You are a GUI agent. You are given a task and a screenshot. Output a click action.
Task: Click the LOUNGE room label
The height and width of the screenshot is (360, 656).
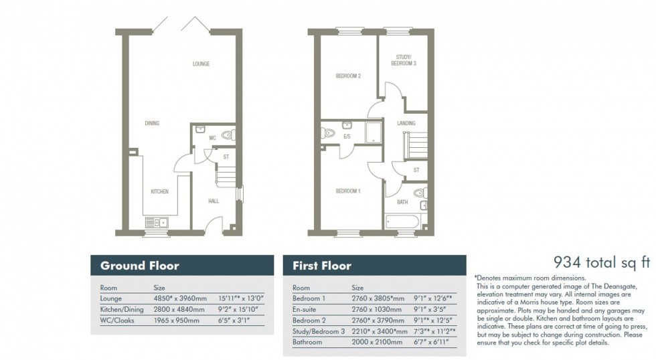[x=201, y=64]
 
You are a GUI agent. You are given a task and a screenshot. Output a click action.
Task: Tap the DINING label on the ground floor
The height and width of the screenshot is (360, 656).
[x=152, y=123]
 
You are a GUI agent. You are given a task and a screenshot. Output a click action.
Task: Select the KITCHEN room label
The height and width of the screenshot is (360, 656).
[x=159, y=192]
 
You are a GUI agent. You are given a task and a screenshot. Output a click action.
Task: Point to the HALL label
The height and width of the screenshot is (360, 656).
[x=214, y=200]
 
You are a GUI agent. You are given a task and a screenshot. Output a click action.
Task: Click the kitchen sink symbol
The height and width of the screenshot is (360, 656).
[x=157, y=222]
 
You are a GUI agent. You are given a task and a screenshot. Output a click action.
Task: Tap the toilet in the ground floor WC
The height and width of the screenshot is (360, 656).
[x=226, y=135]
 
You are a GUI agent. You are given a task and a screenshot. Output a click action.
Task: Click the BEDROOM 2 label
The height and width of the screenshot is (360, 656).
[x=348, y=76]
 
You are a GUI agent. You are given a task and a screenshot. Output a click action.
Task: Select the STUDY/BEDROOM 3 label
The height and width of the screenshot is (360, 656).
[x=404, y=60]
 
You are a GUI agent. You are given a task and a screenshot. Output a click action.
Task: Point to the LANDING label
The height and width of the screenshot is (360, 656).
[x=406, y=123]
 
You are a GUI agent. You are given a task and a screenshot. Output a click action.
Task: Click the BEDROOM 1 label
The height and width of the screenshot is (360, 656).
[x=348, y=191]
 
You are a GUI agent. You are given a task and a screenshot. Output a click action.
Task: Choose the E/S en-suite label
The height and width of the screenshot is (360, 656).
[x=347, y=137]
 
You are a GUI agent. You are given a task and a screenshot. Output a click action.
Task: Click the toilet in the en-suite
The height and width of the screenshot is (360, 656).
[x=327, y=133]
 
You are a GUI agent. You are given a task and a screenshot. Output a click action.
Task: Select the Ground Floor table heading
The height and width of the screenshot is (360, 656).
[x=139, y=266]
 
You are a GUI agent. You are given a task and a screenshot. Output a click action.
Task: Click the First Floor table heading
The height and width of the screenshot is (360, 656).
[x=322, y=266]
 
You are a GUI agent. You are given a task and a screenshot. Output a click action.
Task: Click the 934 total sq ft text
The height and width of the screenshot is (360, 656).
[x=601, y=262]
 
